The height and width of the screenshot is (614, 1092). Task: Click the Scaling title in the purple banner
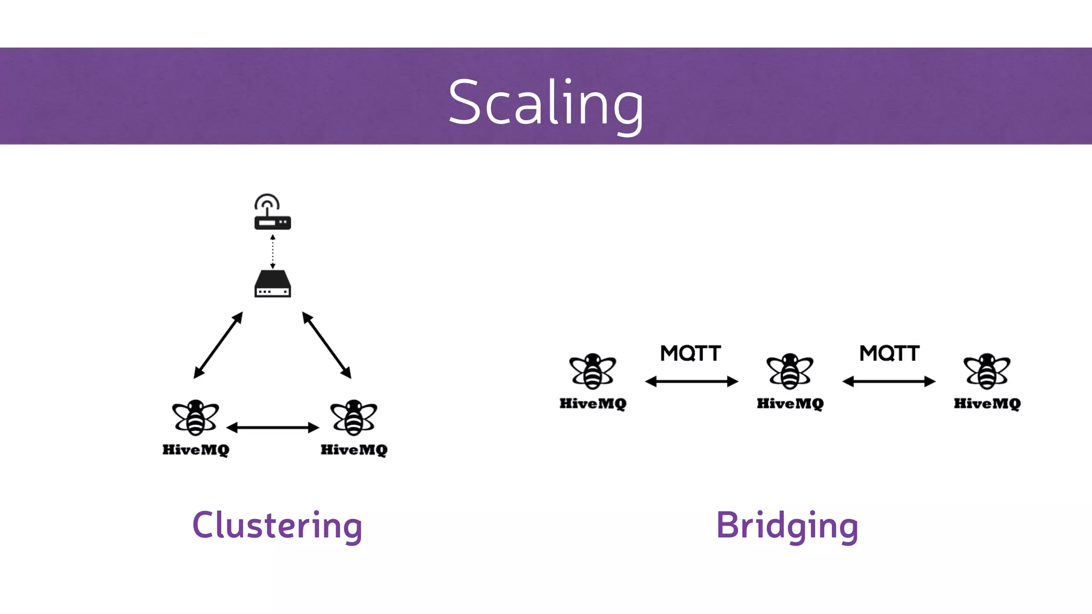[546, 102]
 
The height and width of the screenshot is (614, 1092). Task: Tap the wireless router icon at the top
[272, 213]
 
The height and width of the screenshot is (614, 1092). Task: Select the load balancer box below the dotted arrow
[272, 284]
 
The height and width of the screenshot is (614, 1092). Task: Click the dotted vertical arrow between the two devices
[272, 251]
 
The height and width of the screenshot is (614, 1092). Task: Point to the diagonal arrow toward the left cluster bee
[218, 345]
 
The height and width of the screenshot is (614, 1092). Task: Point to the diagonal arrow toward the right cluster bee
[327, 345]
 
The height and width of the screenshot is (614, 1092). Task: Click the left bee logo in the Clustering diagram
[195, 417]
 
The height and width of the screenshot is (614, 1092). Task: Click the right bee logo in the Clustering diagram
[354, 417]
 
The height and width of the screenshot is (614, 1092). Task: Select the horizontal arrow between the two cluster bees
[272, 427]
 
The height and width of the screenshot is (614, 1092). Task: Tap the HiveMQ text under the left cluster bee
[196, 450]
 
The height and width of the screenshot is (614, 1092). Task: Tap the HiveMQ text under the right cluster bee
[354, 450]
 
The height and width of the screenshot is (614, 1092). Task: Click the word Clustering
[277, 526]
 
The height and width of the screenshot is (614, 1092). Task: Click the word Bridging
[787, 526]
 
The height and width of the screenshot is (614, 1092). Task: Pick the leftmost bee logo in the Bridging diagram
[592, 371]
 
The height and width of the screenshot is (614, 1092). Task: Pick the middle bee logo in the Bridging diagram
[790, 371]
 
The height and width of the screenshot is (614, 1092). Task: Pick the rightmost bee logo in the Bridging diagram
[987, 371]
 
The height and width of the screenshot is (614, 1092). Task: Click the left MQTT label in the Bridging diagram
[690, 353]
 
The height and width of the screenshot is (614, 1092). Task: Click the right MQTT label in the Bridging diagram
[889, 353]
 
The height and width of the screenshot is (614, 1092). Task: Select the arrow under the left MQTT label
[692, 381]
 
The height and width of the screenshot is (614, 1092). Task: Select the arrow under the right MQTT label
[889, 381]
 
